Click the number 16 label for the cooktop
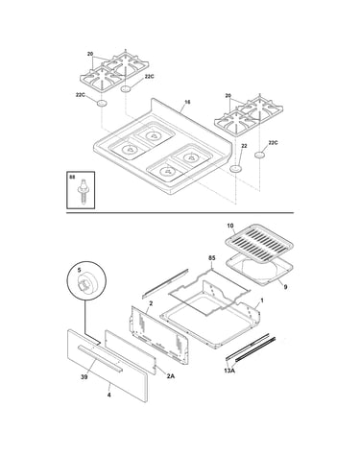pos(187,102)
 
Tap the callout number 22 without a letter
pos(244,146)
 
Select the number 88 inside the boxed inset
pos(72,177)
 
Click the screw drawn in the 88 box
pos(84,190)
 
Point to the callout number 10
pos(230,226)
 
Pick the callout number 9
pos(285,287)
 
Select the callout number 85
pos(212,258)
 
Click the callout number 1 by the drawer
pos(262,300)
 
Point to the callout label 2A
pos(171,376)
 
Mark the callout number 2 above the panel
pos(151,302)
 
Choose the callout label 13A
pos(229,371)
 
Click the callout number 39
pos(84,377)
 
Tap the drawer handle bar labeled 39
pos(101,359)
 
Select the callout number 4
pos(108,396)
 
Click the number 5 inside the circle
pos(79,270)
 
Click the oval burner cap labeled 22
pos(236,169)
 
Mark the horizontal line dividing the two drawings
pos(180,213)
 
